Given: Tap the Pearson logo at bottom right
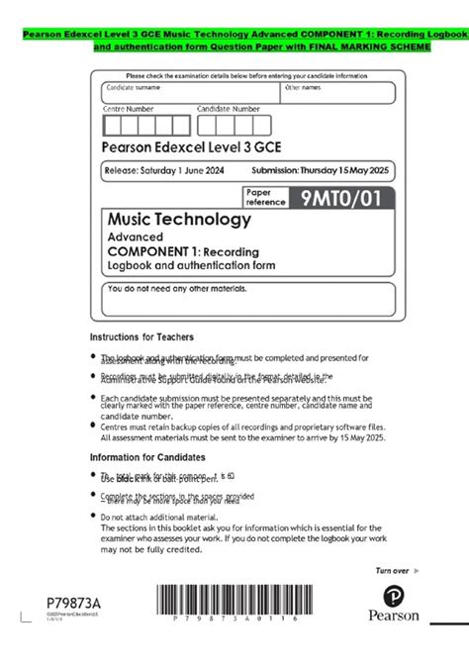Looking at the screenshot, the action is tap(394, 605).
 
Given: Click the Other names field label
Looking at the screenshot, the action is tap(303, 88).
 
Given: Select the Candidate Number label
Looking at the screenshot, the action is tap(229, 109).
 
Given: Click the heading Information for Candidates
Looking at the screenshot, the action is tap(147, 457).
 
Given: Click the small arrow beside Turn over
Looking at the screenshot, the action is tap(416, 571).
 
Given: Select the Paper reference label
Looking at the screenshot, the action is tap(265, 197).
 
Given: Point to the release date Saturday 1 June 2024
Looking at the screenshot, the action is tap(164, 171).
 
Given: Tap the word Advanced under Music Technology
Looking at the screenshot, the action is tap(136, 237).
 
